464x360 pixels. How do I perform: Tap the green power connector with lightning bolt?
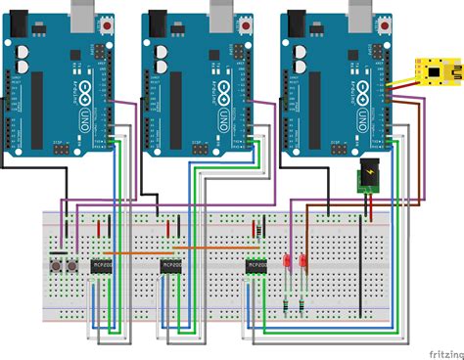click(370, 177)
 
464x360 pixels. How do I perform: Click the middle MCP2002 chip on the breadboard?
click(173, 266)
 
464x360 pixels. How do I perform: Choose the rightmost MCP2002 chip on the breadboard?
click(257, 266)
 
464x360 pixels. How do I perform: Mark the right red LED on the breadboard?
click(303, 263)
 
